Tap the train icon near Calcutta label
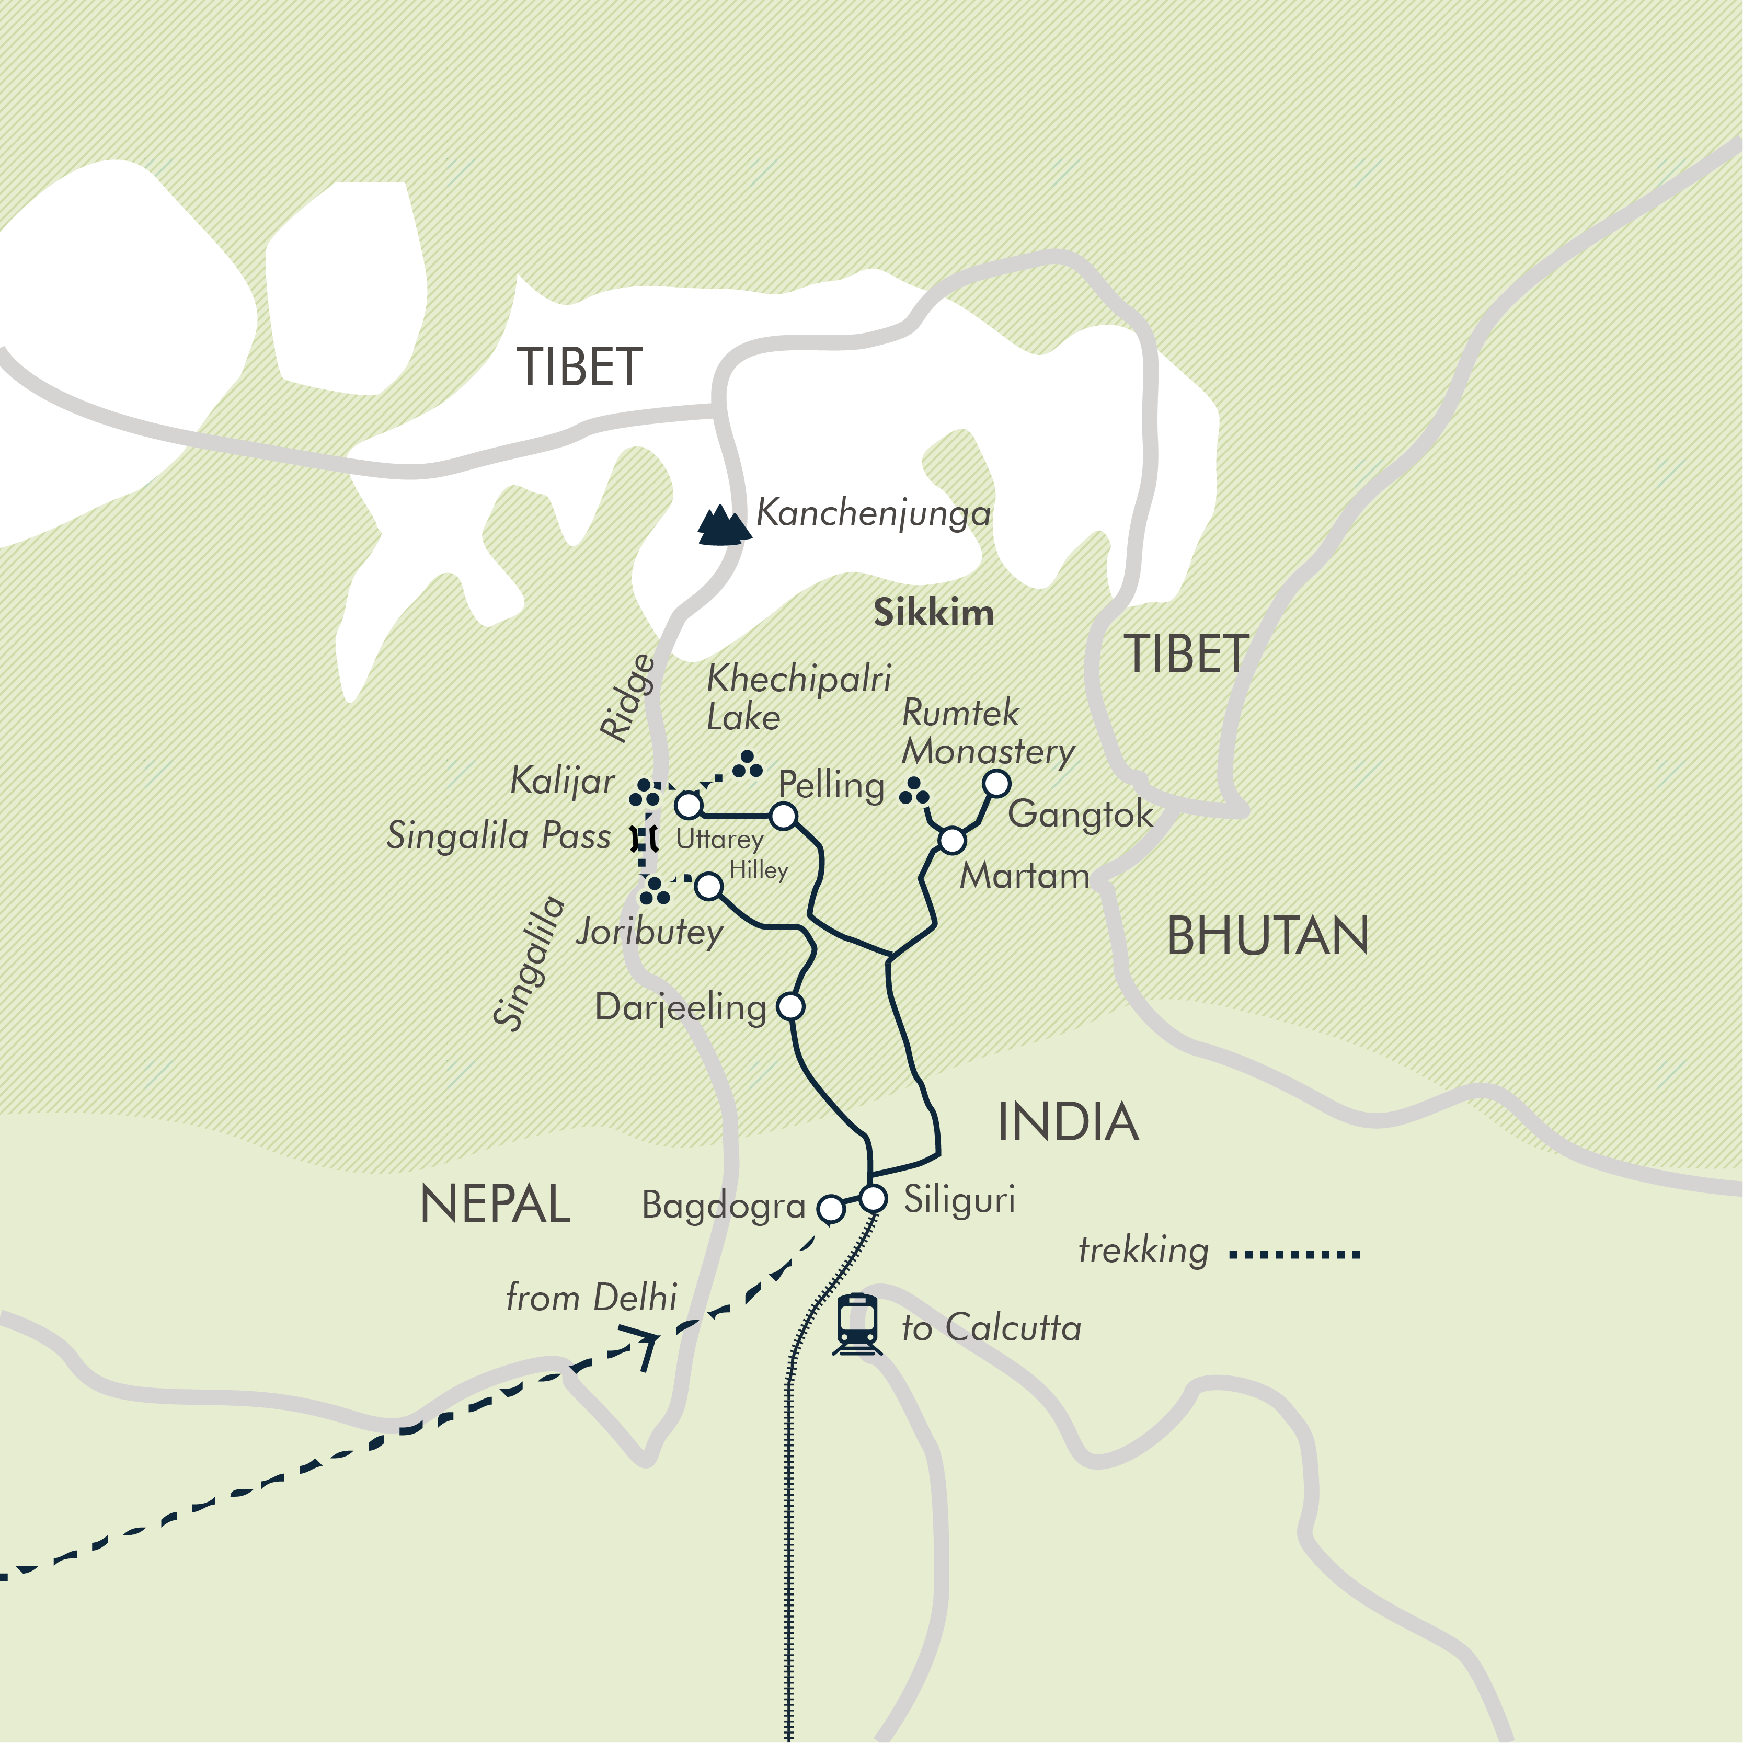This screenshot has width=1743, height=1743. pyautogui.click(x=856, y=1324)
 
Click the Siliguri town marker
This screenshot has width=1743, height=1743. pyautogui.click(x=873, y=1199)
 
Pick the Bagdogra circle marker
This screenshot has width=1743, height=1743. pyautogui.click(x=830, y=1208)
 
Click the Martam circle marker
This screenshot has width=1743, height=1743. pyautogui.click(x=952, y=840)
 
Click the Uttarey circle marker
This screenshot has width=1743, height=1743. pyautogui.click(x=689, y=804)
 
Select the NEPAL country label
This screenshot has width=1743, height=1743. pyautogui.click(x=495, y=1205)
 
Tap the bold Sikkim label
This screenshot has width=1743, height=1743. pyautogui.click(x=934, y=613)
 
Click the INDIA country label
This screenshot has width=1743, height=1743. pyautogui.click(x=1067, y=1121)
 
